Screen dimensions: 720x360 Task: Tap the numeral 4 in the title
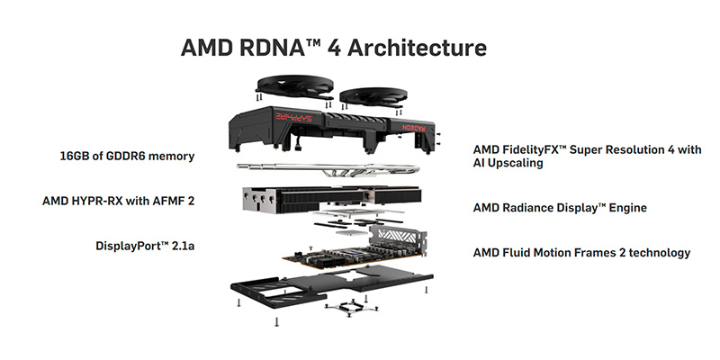click(334, 49)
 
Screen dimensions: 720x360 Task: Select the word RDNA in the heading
click(264, 48)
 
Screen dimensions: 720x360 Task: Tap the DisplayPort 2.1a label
click(145, 246)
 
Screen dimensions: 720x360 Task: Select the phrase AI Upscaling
click(508, 163)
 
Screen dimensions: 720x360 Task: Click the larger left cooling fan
click(294, 85)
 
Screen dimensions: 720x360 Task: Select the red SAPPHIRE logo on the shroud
click(294, 117)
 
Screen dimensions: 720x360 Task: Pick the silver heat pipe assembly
click(328, 169)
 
